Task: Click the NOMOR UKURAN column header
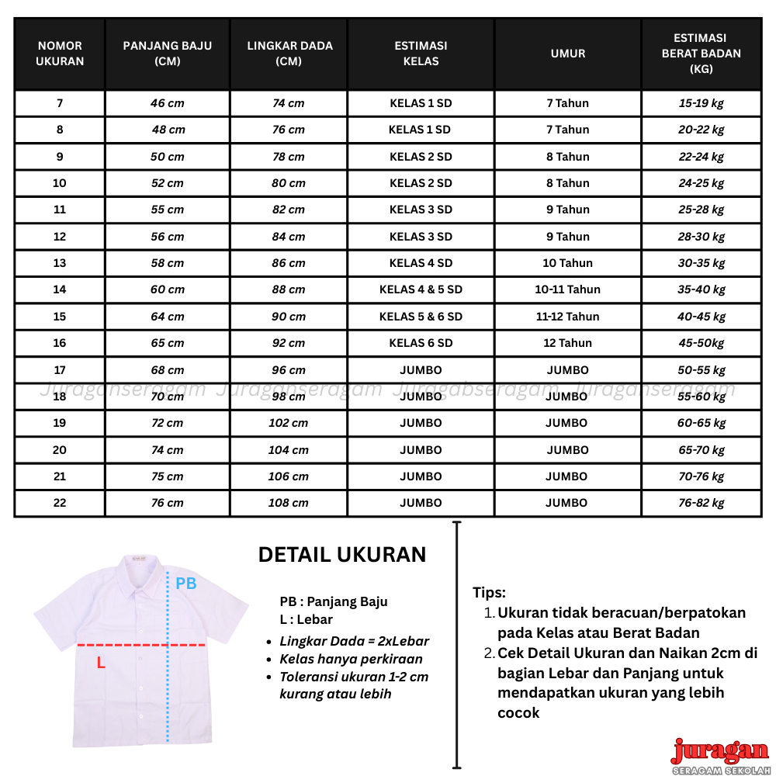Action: (60, 54)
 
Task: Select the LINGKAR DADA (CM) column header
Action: (289, 54)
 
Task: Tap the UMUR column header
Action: (568, 54)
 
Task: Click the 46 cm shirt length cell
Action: (168, 103)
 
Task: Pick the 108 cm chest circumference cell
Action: (289, 503)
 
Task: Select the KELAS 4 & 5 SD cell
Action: (421, 289)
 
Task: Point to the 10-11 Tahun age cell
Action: (568, 289)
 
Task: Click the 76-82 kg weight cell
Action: (702, 503)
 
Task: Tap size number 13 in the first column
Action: (60, 263)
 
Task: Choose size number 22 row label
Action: (60, 503)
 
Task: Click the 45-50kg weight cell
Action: (702, 343)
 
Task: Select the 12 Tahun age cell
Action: (568, 343)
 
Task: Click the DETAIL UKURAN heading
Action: (342, 555)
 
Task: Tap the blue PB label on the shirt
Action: (186, 584)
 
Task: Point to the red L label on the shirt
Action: (101, 663)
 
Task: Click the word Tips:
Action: (490, 593)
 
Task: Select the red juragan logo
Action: (719, 751)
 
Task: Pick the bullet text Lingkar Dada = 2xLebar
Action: (354, 641)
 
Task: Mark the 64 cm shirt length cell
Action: (168, 317)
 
